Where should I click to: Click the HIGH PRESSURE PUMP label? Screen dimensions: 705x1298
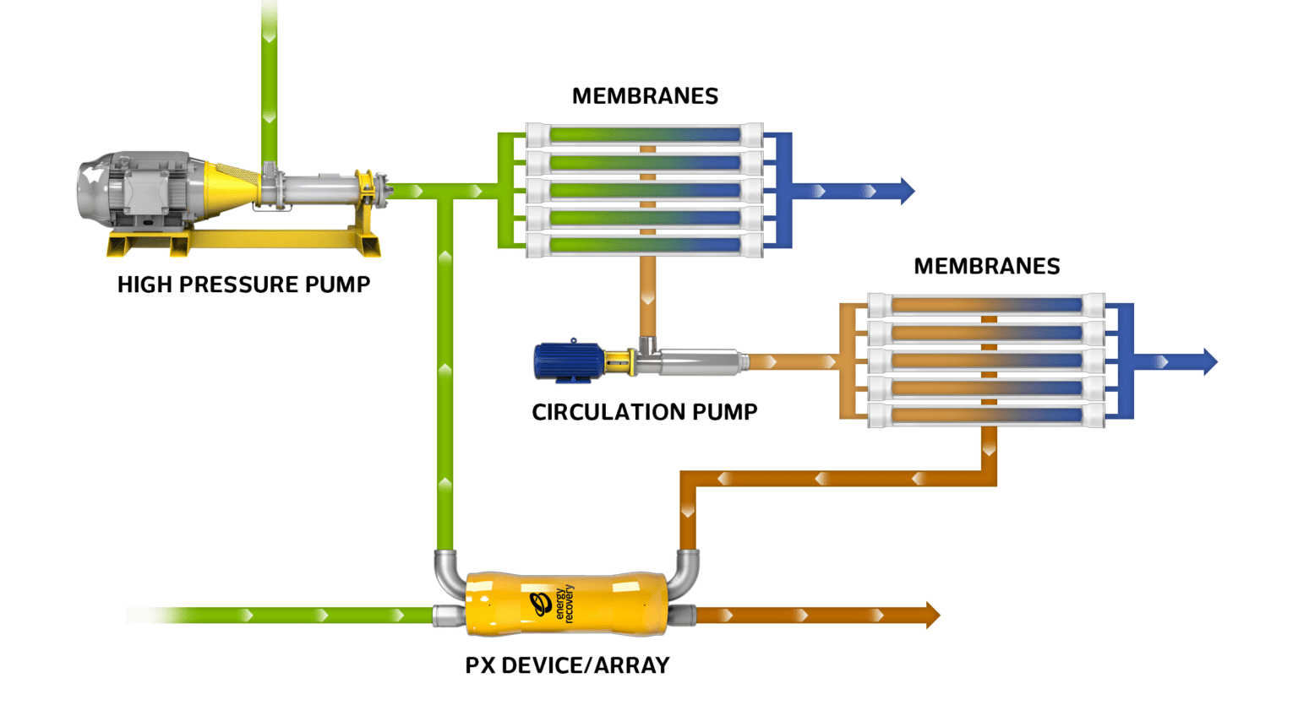pyautogui.click(x=243, y=285)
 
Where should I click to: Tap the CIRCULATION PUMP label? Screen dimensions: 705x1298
pyautogui.click(x=644, y=412)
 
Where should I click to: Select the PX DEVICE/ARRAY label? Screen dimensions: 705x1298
pyautogui.click(x=567, y=665)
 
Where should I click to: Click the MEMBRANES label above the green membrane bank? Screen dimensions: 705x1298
pyautogui.click(x=645, y=96)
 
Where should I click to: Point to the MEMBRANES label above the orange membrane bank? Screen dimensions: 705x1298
pyautogui.click(x=986, y=266)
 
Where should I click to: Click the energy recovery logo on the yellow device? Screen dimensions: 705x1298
pyautogui.click(x=553, y=604)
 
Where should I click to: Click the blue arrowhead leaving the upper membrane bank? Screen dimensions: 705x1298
pyautogui.click(x=907, y=191)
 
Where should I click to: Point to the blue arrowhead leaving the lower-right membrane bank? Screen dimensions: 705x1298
pyautogui.click(x=1209, y=361)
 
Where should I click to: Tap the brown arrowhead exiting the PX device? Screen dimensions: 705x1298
pyautogui.click(x=932, y=616)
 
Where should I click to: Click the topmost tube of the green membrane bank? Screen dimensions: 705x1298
pyautogui.click(x=645, y=134)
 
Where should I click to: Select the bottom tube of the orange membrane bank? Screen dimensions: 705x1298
pyautogui.click(x=986, y=415)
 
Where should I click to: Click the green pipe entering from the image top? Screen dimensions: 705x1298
pyautogui.click(x=269, y=76)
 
